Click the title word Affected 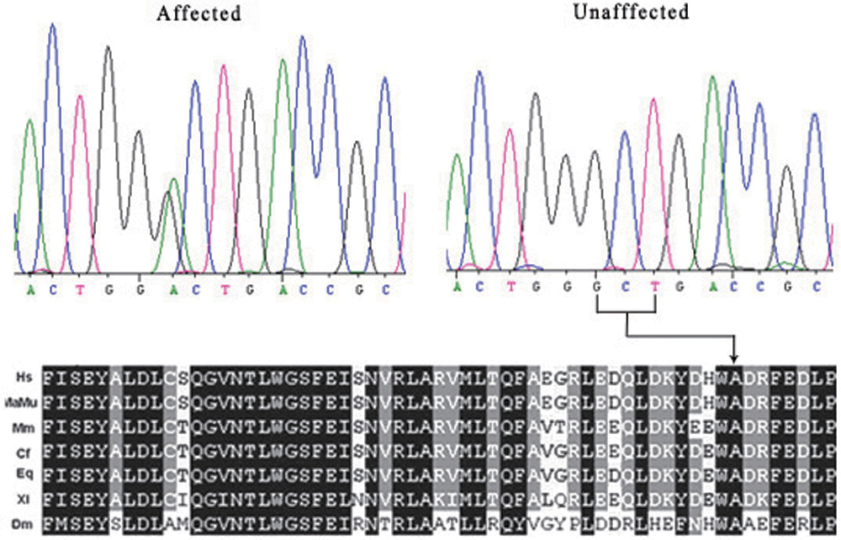click(x=198, y=13)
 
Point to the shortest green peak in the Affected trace click(x=174, y=181)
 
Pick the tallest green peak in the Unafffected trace click(x=713, y=78)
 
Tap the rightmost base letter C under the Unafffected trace click(x=817, y=287)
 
